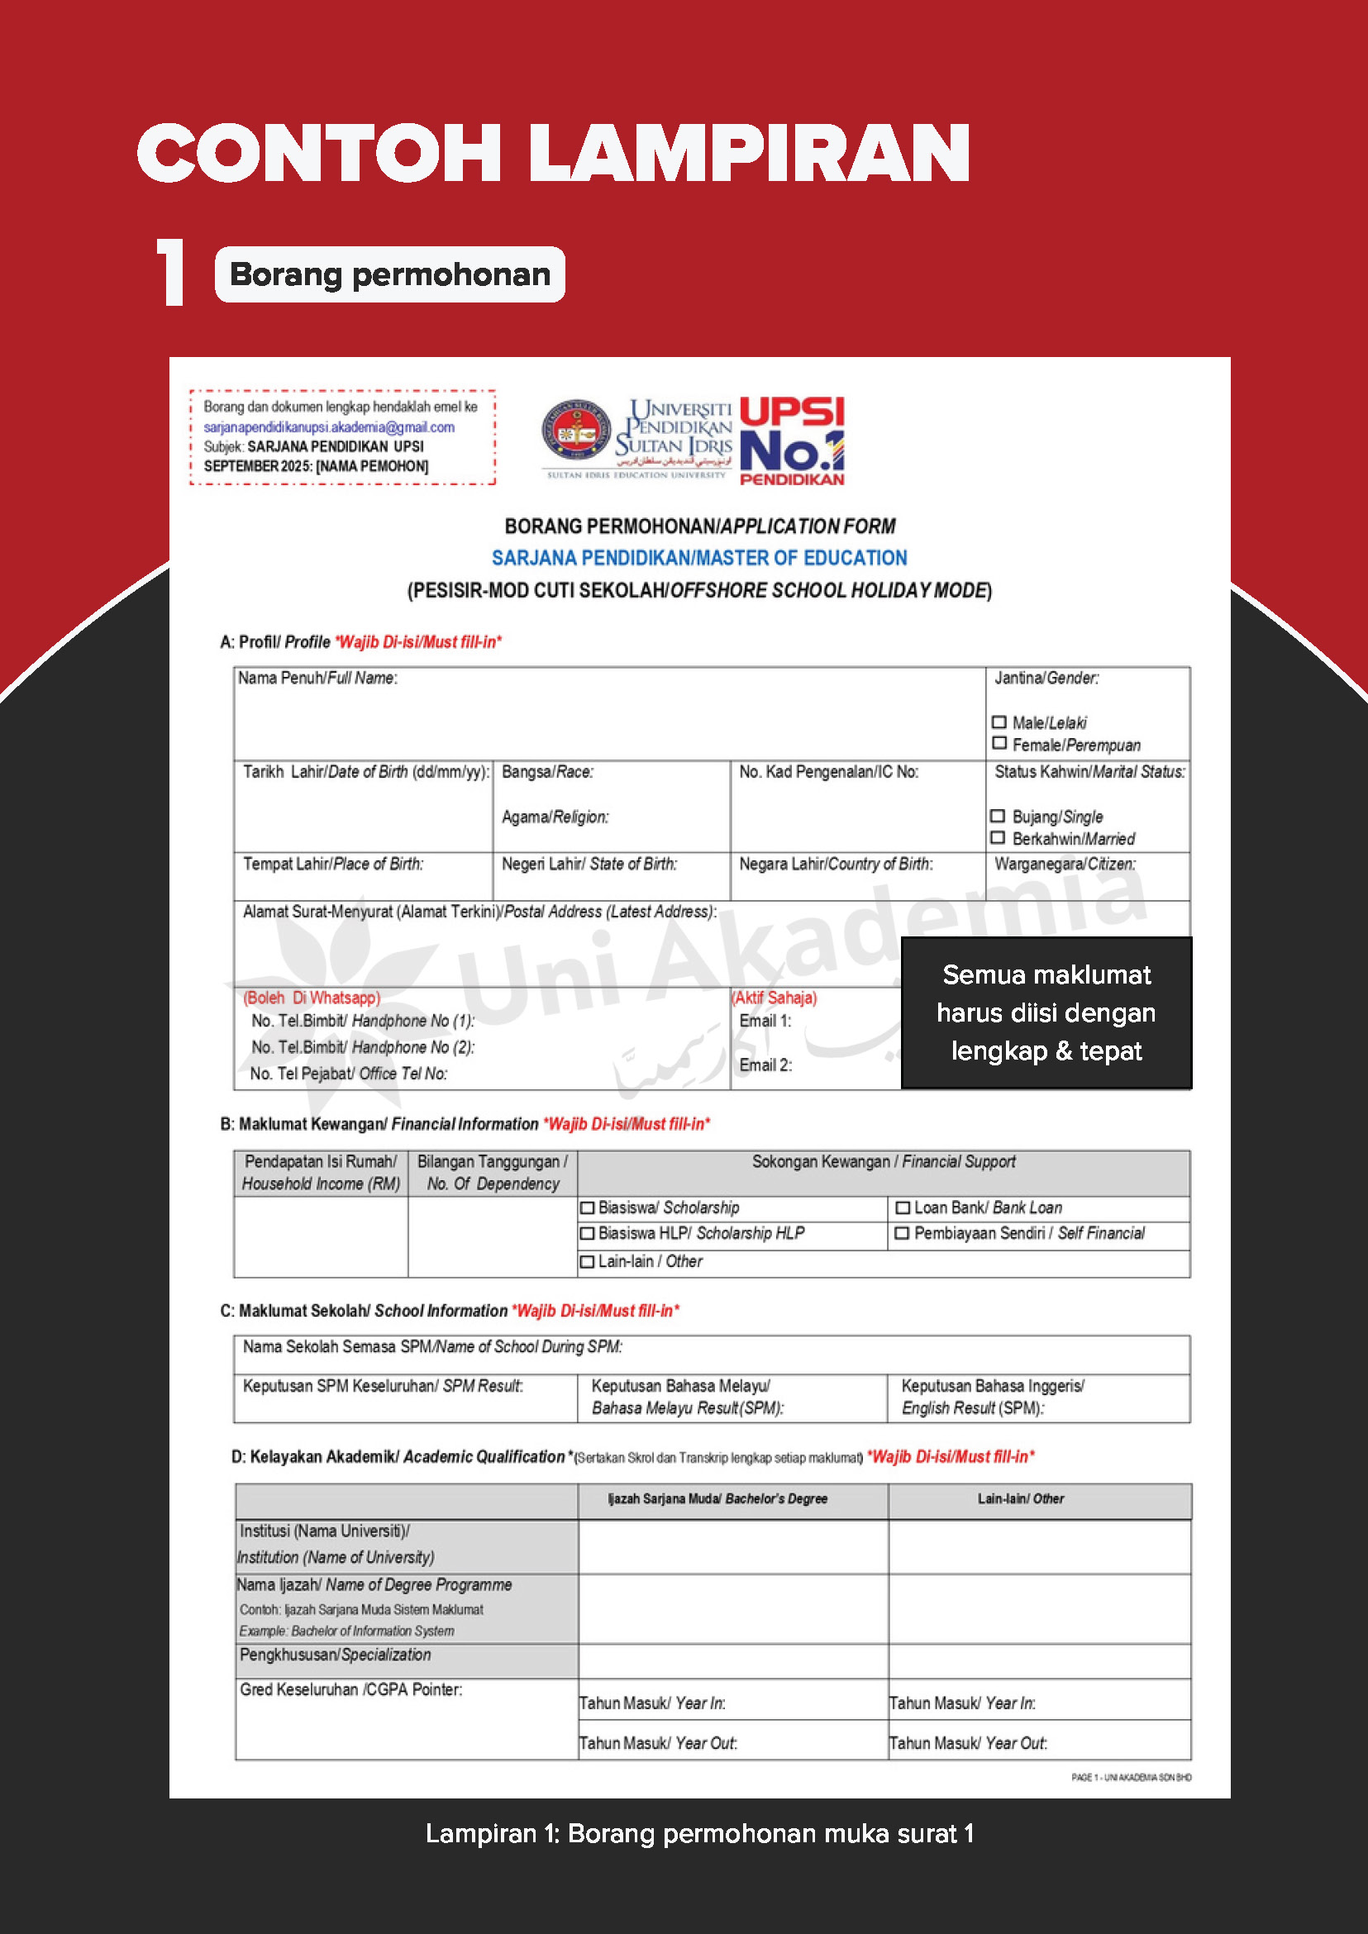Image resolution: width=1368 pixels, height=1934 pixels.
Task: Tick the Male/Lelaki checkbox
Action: point(999,722)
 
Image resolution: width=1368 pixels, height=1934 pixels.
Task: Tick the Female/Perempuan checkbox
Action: point(999,744)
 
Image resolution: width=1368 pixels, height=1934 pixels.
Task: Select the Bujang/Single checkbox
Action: point(999,816)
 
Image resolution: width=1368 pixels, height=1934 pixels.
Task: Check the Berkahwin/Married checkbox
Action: point(999,837)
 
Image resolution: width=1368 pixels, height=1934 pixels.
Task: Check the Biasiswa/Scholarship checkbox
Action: point(587,1208)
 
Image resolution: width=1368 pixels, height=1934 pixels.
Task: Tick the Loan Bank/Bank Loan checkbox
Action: point(902,1208)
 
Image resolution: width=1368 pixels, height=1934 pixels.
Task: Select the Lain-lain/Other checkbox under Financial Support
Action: point(587,1262)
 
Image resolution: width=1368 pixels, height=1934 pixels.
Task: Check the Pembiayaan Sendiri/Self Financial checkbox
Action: point(902,1233)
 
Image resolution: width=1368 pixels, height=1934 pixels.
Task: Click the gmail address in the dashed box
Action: point(329,427)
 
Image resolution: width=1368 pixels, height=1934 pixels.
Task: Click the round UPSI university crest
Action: point(577,432)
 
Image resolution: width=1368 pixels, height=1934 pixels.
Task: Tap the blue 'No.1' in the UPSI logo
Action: point(791,450)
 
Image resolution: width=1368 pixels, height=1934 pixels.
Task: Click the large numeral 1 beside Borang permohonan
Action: point(172,272)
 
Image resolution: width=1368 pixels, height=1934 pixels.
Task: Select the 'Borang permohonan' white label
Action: point(390,274)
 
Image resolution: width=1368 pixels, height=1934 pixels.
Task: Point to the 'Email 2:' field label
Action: point(765,1065)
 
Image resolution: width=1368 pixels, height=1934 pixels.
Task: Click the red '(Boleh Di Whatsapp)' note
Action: point(312,998)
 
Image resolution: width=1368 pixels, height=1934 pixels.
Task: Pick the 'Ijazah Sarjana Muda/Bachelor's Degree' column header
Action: point(717,1498)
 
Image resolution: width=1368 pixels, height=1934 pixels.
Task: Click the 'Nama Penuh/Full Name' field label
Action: point(317,678)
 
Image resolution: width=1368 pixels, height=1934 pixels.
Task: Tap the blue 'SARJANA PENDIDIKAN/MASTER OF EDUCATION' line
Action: point(699,558)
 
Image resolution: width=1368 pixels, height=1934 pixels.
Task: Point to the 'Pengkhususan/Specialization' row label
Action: point(336,1655)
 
